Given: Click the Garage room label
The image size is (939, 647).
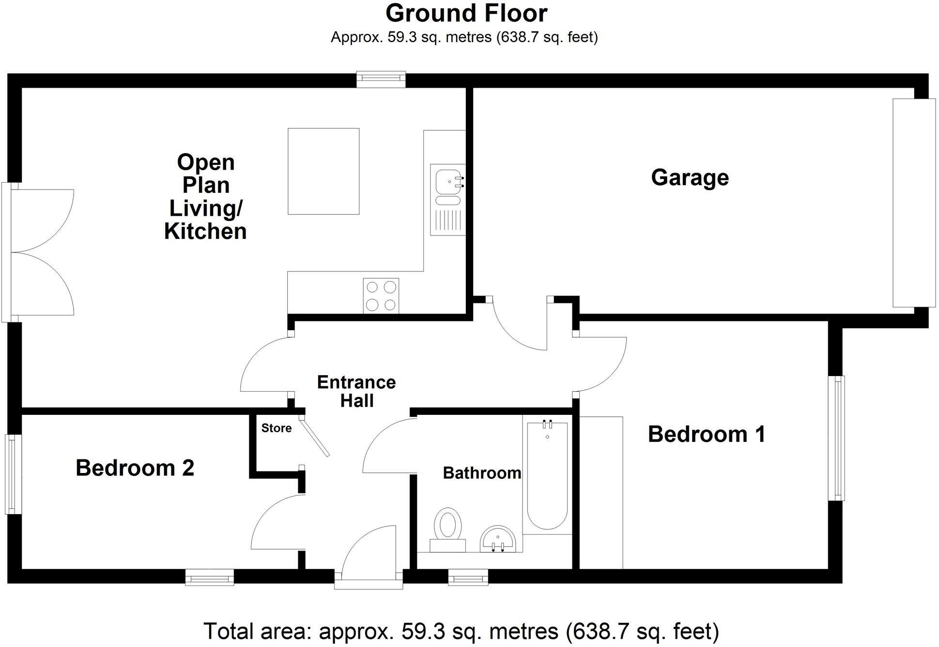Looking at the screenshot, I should pos(690,177).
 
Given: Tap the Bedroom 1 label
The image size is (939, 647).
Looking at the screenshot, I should pos(706,434).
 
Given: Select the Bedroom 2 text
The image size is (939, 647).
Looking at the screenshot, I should pos(135,468).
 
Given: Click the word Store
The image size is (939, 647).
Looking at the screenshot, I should pos(276,428).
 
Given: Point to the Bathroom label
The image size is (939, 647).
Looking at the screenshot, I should pos(482,473).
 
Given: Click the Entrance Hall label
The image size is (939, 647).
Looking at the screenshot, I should pos(356,392).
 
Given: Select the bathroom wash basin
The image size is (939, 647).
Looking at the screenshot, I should pos(501,539).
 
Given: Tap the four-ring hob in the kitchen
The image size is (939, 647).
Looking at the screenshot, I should pos(381,296).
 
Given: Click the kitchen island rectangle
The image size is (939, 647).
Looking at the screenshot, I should pos(323,171).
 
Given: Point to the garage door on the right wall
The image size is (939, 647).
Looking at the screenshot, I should pos(913,203).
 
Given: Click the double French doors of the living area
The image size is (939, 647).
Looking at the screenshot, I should pos(39,252).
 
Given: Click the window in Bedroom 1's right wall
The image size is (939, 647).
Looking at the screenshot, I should pos(836,438).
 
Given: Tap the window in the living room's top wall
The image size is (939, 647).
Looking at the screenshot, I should pos(381,79).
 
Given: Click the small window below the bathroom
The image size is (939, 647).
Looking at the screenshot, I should pos(467,577).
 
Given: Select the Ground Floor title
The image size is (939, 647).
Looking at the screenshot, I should pos(466,13).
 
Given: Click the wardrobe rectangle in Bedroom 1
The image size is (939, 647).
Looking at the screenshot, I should pos(601,492).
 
